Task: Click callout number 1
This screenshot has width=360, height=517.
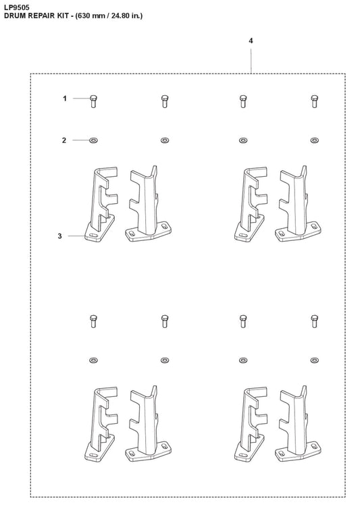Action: (x=65, y=99)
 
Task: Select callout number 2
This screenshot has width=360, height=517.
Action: (x=64, y=140)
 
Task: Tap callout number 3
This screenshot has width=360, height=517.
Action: (x=59, y=236)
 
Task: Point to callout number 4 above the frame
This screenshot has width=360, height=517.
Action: (x=251, y=41)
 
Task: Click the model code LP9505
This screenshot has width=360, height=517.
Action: (x=16, y=6)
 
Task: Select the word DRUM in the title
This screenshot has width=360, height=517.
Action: (x=15, y=15)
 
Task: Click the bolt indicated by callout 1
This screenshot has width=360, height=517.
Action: (x=93, y=101)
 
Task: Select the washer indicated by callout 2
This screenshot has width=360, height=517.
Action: (x=93, y=140)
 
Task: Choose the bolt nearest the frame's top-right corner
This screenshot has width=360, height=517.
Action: (x=313, y=101)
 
